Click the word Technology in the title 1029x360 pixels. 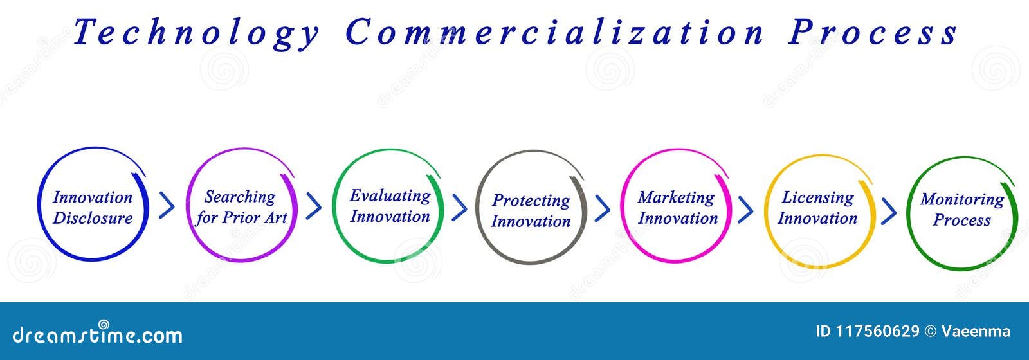pyautogui.click(x=196, y=32)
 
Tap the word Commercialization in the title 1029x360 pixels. pyautogui.click(x=554, y=32)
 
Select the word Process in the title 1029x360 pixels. pyautogui.click(x=873, y=32)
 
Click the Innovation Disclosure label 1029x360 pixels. pyautogui.click(x=93, y=208)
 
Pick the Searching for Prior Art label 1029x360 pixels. pyautogui.click(x=241, y=207)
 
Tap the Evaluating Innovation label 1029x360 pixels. pyautogui.click(x=390, y=206)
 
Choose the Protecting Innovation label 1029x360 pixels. pyautogui.click(x=531, y=210)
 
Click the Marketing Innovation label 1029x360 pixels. pyautogui.click(x=677, y=208)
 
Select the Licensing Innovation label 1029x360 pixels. pyautogui.click(x=817, y=208)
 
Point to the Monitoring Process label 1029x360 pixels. pyautogui.click(x=961, y=209)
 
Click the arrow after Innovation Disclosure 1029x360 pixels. pyautogui.click(x=167, y=206)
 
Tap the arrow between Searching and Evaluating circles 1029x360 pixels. pyautogui.click(x=314, y=206)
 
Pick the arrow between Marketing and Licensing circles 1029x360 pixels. pyautogui.click(x=745, y=209)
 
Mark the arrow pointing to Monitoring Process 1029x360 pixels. pyautogui.click(x=889, y=210)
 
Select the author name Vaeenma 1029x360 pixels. pyautogui.click(x=976, y=332)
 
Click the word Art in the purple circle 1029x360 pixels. pyautogui.click(x=275, y=218)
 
